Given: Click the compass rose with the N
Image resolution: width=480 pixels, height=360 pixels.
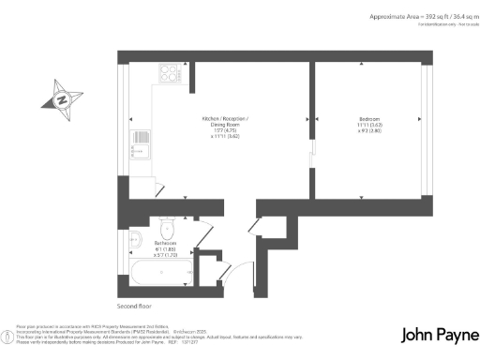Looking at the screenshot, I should click(62, 98).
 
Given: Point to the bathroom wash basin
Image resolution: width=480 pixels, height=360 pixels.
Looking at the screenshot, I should click(135, 236).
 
